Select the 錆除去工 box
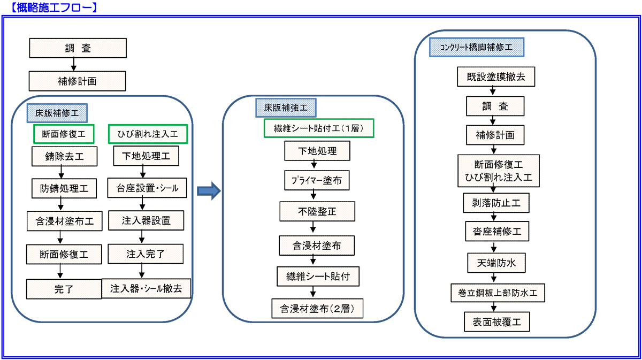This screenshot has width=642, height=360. click(x=65, y=157)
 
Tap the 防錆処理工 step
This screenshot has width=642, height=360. click(x=65, y=189)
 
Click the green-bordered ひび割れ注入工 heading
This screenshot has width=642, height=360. click(x=148, y=134)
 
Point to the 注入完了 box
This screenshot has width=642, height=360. click(x=146, y=253)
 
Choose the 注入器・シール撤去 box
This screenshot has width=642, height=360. click(x=146, y=288)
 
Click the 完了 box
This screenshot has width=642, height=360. click(x=64, y=289)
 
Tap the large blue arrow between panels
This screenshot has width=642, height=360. click(x=209, y=190)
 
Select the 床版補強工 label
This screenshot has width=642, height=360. click(x=286, y=107)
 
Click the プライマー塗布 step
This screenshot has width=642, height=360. click(x=317, y=181)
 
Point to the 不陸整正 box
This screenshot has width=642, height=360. click(x=317, y=211)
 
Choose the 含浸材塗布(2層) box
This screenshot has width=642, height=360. click(x=317, y=309)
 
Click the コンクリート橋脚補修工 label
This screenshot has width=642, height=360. click(x=477, y=47)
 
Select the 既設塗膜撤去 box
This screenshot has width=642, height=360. click(x=499, y=77)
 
